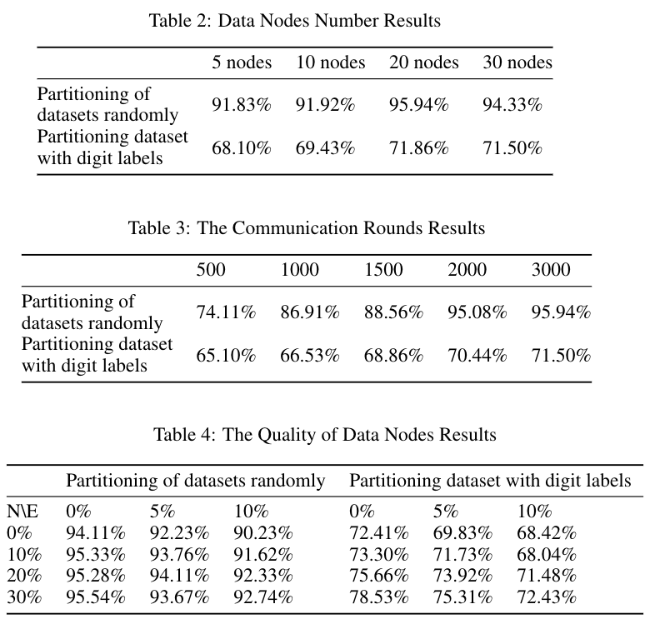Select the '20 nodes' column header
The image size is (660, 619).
424,62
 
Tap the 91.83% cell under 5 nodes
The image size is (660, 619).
242,104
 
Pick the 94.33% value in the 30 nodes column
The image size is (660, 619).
512,104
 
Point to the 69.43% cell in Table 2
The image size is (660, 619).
325,148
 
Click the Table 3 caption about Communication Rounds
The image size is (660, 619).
306,227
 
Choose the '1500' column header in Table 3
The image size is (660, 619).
383,269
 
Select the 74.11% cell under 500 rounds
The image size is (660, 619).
226,312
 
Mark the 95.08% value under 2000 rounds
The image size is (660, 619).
477,312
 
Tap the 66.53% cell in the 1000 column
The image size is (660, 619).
310,356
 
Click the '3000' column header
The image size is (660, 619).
551,269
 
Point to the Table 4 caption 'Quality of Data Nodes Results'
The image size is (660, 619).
325,434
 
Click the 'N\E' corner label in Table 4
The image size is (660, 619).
22,512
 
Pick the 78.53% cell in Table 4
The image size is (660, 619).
379,597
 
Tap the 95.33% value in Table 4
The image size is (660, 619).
96,554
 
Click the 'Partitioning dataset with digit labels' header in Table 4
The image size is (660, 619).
490,481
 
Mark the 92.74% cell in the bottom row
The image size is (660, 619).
263,597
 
